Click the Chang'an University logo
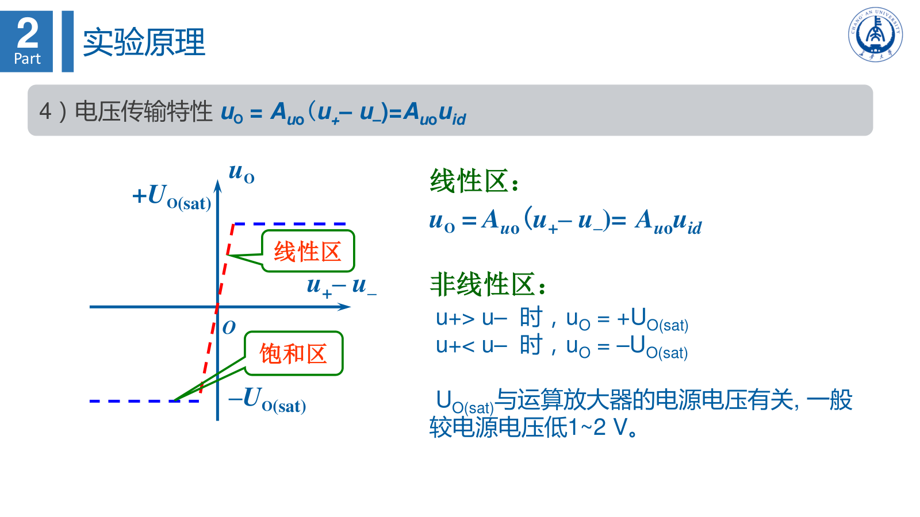click(x=875, y=34)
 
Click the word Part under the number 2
click(x=27, y=59)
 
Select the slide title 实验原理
click(x=144, y=42)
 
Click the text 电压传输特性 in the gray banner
click(x=144, y=111)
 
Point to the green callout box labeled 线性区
click(x=308, y=251)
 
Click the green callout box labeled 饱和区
click(x=294, y=353)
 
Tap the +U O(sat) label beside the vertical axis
click(x=172, y=197)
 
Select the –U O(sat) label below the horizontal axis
click(x=267, y=400)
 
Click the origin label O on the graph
click(x=229, y=327)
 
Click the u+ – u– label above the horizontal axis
click(x=342, y=287)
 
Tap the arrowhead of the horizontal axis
click(x=345, y=307)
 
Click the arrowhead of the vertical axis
click(x=218, y=186)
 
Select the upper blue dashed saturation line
click(x=290, y=224)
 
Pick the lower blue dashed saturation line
click(x=144, y=401)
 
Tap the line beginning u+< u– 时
click(x=562, y=346)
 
